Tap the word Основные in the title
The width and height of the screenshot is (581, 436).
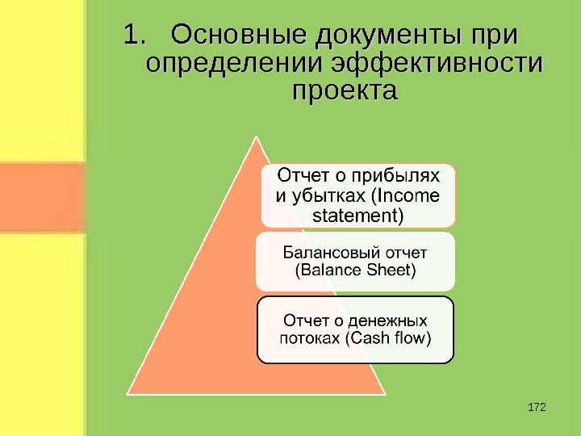click(240, 36)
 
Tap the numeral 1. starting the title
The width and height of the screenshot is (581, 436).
click(136, 36)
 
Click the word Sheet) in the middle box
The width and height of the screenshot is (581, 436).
click(391, 270)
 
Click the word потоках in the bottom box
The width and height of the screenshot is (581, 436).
click(310, 337)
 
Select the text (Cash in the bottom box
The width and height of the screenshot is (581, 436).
click(367, 337)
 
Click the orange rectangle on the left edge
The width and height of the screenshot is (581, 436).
click(42, 198)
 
